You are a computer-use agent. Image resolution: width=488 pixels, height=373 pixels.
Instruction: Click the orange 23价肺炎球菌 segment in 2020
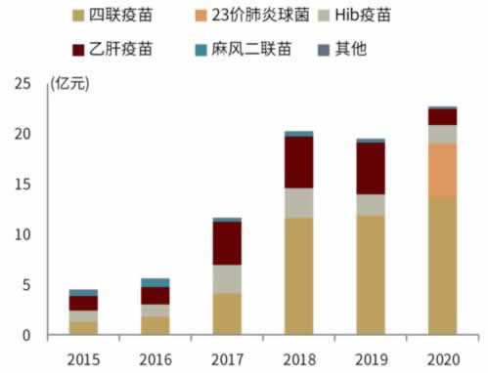click(442, 171)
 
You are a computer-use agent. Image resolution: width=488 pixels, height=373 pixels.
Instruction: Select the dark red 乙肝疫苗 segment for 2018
click(298, 162)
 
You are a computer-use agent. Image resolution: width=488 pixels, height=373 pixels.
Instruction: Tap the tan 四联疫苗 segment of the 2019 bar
click(370, 274)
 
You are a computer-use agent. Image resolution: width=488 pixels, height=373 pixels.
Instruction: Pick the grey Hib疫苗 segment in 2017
click(227, 279)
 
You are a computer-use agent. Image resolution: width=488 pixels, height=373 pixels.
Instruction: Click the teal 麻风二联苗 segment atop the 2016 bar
click(155, 282)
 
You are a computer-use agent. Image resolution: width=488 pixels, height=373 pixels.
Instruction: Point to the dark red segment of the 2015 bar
click(83, 303)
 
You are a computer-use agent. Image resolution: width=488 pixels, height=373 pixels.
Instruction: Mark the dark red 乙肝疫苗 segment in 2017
click(227, 243)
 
